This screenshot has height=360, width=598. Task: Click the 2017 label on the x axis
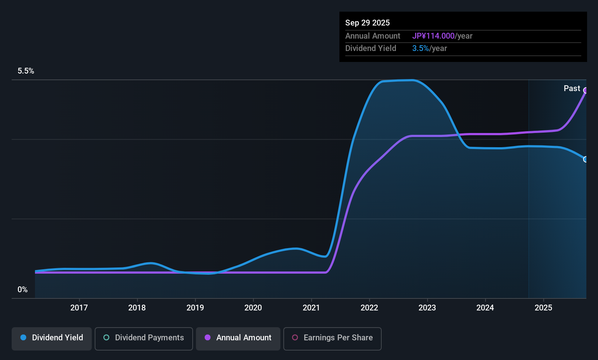(x=79, y=308)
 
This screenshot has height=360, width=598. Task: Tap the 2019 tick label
(x=195, y=308)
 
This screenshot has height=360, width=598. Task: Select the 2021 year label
(x=311, y=308)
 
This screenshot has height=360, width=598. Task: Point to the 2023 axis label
(x=427, y=308)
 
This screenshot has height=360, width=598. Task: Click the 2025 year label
(x=543, y=308)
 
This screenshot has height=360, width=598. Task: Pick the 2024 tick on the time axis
(x=485, y=308)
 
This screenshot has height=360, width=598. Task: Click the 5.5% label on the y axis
(x=26, y=71)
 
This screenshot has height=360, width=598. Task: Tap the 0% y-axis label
(x=23, y=290)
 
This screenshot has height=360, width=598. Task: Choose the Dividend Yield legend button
(x=52, y=338)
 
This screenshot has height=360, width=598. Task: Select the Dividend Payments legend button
(x=144, y=338)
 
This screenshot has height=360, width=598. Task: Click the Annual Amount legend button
(x=238, y=338)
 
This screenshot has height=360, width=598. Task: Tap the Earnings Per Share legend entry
(x=333, y=338)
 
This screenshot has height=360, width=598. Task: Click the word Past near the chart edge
(x=572, y=89)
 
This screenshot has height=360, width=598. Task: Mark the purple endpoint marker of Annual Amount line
(x=586, y=90)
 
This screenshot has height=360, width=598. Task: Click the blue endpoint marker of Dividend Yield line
(x=586, y=159)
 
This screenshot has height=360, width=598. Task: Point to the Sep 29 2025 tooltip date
(x=367, y=23)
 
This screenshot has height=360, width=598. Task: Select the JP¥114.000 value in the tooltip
(x=433, y=36)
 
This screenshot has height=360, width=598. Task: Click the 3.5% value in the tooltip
(x=420, y=48)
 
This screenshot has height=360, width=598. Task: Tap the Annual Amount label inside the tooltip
(x=373, y=36)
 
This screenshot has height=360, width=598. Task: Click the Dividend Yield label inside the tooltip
(x=371, y=48)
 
